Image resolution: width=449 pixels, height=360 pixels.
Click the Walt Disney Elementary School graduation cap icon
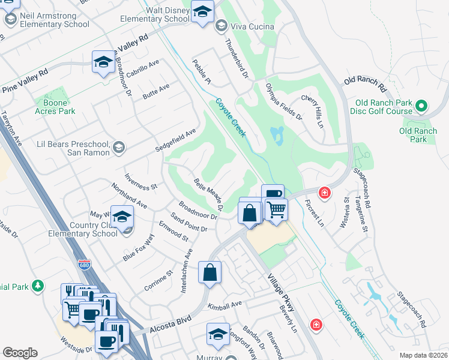coord(203,11)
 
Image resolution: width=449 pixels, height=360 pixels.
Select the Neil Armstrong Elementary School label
coord(50,20)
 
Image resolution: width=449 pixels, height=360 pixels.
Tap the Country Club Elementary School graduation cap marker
coord(122,218)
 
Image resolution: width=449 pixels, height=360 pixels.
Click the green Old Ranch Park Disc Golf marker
coord(421,106)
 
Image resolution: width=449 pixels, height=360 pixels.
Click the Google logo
coord(20,353)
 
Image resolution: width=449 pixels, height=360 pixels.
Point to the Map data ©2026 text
coord(423,355)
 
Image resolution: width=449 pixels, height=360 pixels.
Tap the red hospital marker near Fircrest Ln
coord(325,193)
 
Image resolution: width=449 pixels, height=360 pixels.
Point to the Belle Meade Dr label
coord(208,194)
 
